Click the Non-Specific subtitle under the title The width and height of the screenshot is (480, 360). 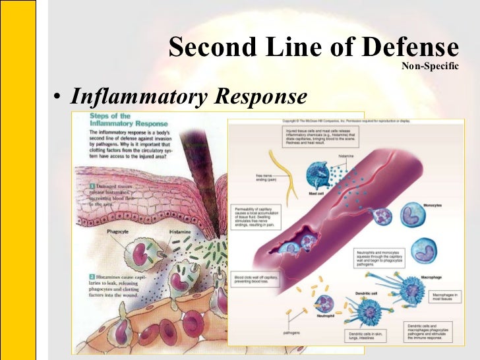429,66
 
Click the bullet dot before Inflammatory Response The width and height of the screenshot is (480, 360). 58,98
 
